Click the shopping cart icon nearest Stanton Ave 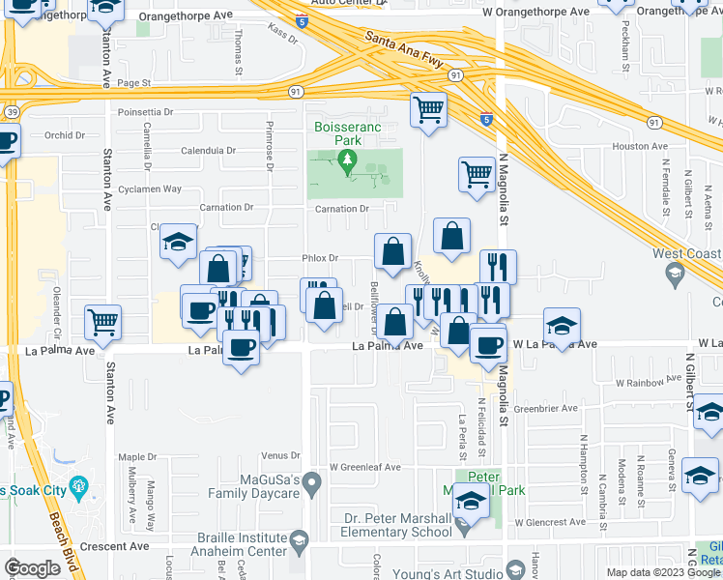click(102, 323)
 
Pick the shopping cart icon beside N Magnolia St click(476, 175)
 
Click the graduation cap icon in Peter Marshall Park click(470, 501)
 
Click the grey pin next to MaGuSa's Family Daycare click(311, 480)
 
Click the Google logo click(32, 567)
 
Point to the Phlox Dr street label click(320, 258)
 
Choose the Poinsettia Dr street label click(144, 112)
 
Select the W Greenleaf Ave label click(363, 467)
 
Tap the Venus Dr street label click(281, 455)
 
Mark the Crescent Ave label click(122, 546)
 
